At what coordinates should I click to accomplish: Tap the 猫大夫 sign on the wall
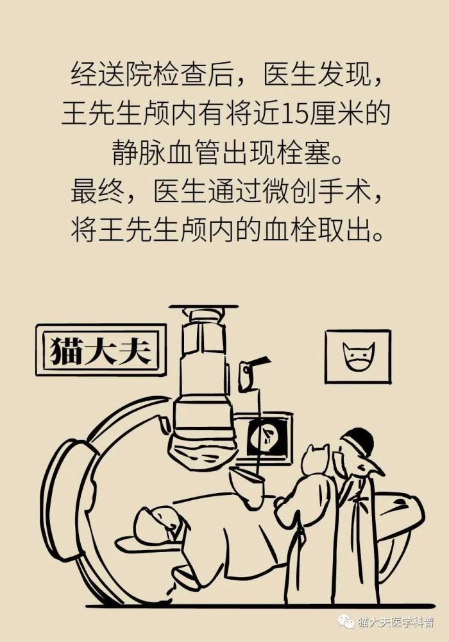tap(101, 350)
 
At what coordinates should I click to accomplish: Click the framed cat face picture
tap(357, 356)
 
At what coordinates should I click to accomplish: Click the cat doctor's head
tap(316, 460)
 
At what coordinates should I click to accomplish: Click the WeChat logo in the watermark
tap(346, 622)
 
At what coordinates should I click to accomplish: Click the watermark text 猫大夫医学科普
tap(395, 622)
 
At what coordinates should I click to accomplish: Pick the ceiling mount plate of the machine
tap(203, 306)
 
